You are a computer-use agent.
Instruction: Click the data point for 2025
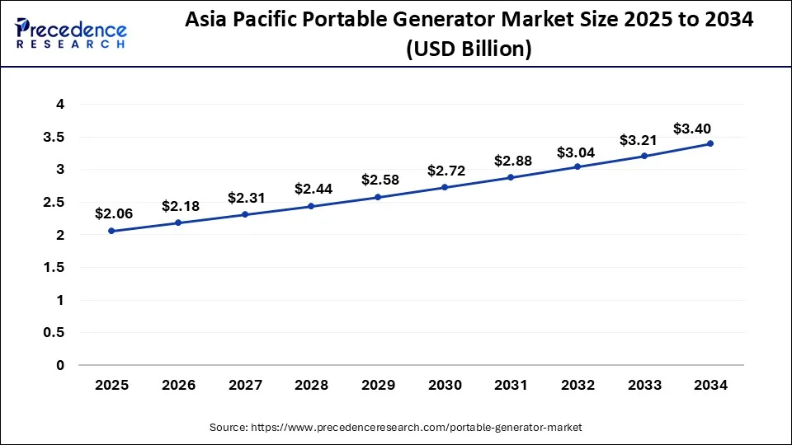(111, 231)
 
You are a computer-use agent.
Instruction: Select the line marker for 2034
(710, 143)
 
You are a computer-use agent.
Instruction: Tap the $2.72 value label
(445, 171)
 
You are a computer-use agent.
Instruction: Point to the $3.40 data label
(691, 129)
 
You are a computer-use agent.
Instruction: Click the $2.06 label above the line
(112, 213)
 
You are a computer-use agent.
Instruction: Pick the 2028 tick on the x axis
(311, 385)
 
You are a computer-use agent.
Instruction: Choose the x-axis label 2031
(511, 385)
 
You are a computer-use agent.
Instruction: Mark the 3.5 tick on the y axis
(54, 137)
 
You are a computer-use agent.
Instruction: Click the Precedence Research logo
(70, 33)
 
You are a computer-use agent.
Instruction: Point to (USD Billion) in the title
(468, 49)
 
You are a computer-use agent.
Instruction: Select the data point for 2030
(445, 187)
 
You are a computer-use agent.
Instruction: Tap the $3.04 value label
(577, 152)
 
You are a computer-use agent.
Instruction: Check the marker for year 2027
(245, 214)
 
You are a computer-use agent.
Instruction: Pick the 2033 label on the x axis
(643, 385)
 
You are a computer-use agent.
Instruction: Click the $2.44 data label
(312, 189)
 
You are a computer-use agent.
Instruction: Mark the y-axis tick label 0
(60, 365)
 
